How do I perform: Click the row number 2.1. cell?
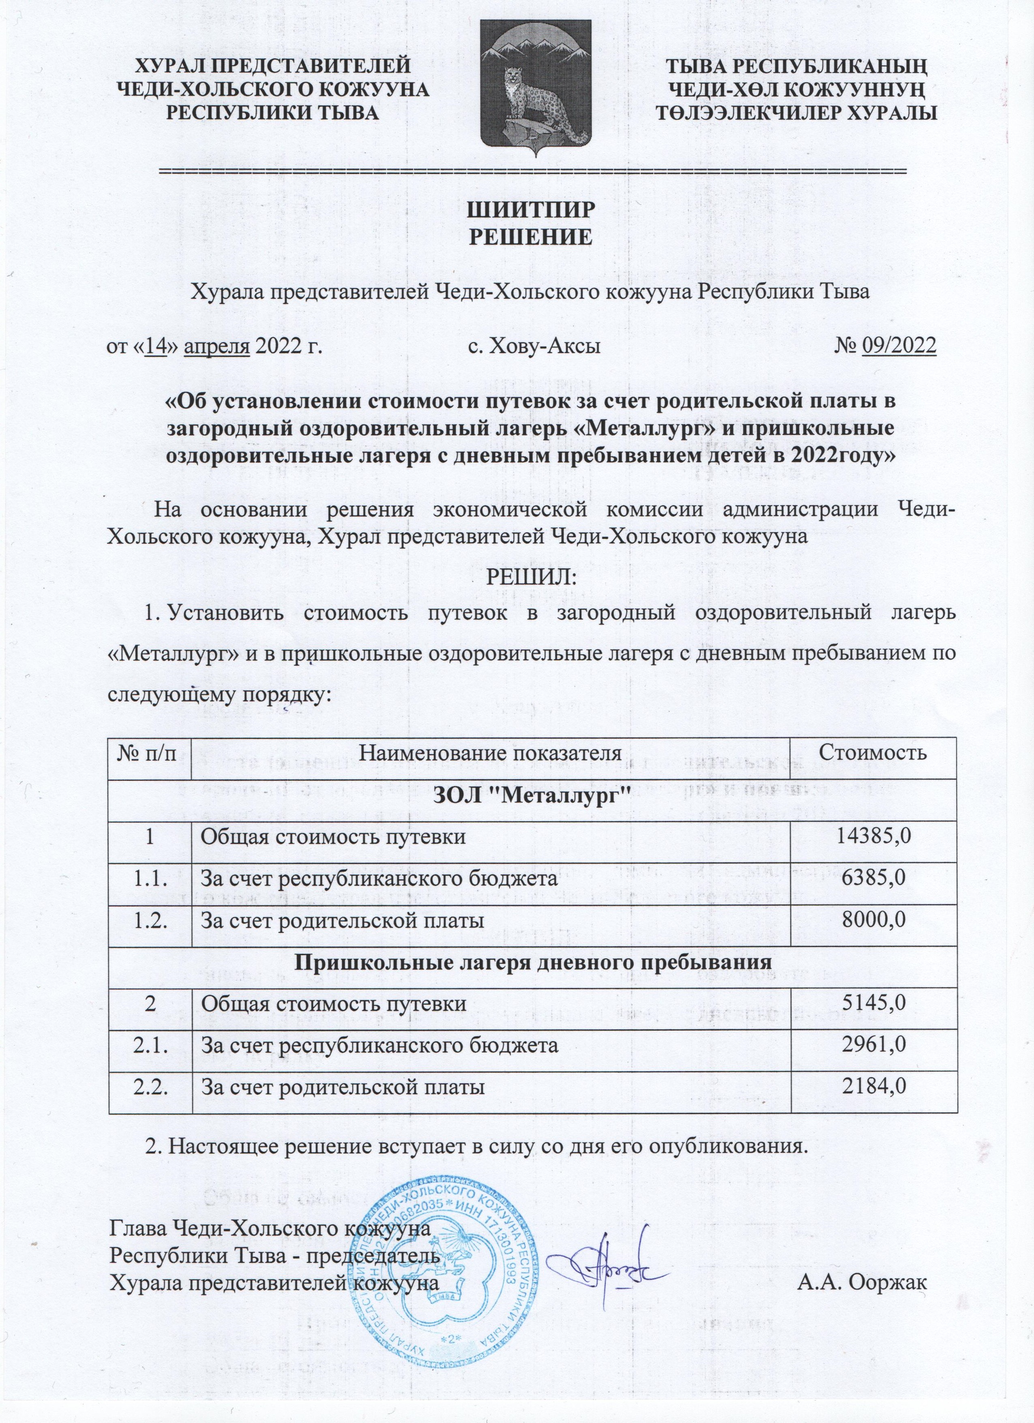[x=149, y=1046]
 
